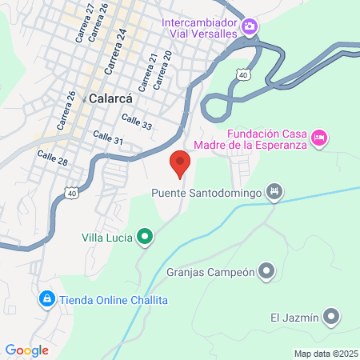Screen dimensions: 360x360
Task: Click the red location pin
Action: tap(180, 163)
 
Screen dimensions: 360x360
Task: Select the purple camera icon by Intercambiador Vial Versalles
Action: tap(250, 28)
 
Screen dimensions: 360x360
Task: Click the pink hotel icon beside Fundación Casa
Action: tap(318, 138)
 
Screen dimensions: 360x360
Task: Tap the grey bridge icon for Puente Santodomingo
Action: tap(274, 191)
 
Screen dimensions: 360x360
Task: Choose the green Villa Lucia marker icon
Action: tap(144, 237)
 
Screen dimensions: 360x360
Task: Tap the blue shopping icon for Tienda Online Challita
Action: tap(46, 299)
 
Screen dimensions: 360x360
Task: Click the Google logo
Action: tap(26, 350)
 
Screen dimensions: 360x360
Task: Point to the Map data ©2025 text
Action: tap(326, 354)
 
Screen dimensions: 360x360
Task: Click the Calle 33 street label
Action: tap(136, 120)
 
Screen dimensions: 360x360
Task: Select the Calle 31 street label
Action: tap(108, 139)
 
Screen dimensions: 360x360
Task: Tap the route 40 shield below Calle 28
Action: tap(72, 193)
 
